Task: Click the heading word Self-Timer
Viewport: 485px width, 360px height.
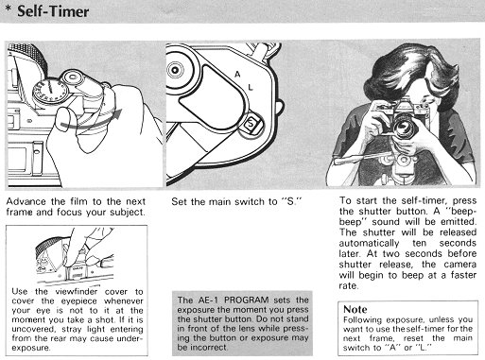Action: pyautogui.click(x=53, y=11)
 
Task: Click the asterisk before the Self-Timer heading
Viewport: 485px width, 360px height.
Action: pyautogui.click(x=9, y=9)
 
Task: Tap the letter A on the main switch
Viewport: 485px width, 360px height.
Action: pyautogui.click(x=237, y=75)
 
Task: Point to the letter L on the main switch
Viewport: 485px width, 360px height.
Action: pyautogui.click(x=251, y=87)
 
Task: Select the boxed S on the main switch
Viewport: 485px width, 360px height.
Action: pyautogui.click(x=251, y=123)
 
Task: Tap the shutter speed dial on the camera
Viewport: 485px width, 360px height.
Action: pyautogui.click(x=50, y=92)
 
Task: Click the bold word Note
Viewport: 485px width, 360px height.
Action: pyautogui.click(x=355, y=309)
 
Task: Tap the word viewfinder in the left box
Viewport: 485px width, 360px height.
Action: pyautogui.click(x=77, y=291)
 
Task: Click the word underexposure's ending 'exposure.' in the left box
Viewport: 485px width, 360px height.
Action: pyautogui.click(x=31, y=348)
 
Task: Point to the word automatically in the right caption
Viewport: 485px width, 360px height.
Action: pyautogui.click(x=369, y=243)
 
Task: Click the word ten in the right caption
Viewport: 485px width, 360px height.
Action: pyautogui.click(x=420, y=243)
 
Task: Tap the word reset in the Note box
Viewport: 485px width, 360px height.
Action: pyautogui.click(x=412, y=338)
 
